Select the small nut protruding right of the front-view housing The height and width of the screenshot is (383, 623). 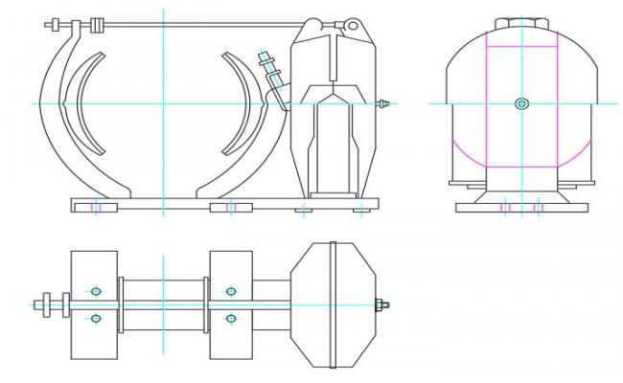coord(384,102)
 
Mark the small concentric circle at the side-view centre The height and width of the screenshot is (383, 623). coord(521,103)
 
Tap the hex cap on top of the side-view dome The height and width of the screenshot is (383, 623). coord(521,20)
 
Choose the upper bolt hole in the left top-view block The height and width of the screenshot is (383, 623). coord(95,291)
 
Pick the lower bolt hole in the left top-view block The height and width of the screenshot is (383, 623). coord(95,319)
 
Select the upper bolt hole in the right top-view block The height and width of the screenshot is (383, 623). coord(230,291)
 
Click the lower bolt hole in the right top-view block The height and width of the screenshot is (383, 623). coord(230,319)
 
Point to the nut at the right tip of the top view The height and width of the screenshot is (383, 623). coord(381,305)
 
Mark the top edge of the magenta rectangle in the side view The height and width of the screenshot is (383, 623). coord(521,45)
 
